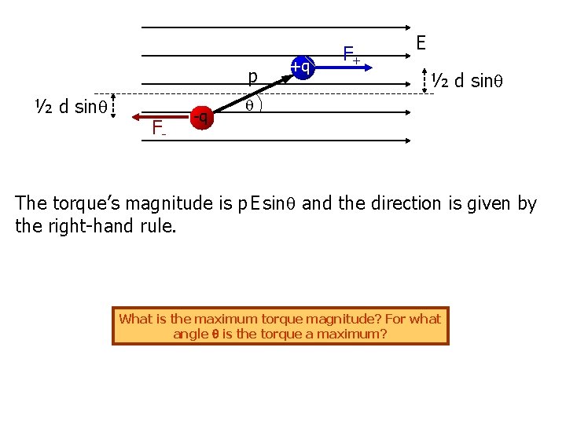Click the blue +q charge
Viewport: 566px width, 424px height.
300,68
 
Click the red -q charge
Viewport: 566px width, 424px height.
202,118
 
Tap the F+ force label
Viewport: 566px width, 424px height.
351,55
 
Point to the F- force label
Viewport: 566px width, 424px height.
159,126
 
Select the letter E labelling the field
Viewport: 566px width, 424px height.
421,42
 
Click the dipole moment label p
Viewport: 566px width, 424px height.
252,77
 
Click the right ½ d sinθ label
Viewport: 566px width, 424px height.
477,80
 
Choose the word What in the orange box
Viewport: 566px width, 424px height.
134,319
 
